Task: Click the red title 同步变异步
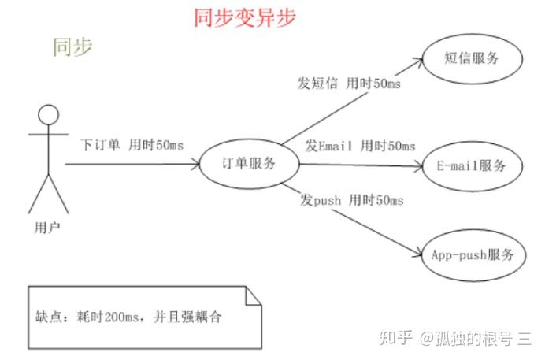pos(245,17)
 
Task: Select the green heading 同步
pos(72,46)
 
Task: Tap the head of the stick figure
pos(49,114)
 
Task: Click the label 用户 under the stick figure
pos(48,228)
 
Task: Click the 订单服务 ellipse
pos(249,164)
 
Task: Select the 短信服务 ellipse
pos(473,59)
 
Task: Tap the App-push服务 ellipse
pos(473,254)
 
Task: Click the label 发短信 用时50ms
pos(348,84)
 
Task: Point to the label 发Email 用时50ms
pos(360,145)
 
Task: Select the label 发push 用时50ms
pos(351,200)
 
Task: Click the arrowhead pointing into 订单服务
pos(195,164)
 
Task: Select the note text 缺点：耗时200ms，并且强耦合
pos(129,317)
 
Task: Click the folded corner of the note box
pos(253,295)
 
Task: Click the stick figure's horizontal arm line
pos(48,135)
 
